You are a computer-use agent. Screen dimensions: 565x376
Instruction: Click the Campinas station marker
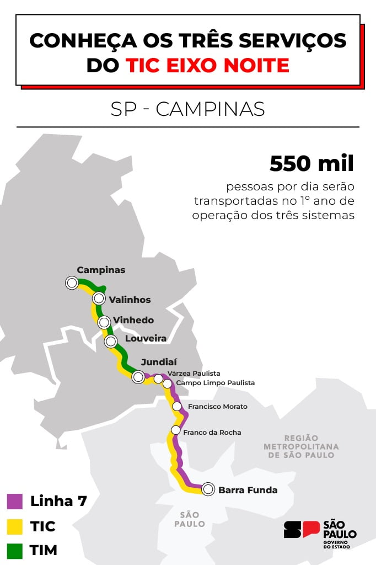pos(72,283)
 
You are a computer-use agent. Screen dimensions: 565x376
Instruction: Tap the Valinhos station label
pos(130,300)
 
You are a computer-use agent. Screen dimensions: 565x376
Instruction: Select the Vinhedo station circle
pos(104,322)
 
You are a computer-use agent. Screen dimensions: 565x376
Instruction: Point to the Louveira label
pos(146,338)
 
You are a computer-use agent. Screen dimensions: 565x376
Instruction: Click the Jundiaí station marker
pos(138,377)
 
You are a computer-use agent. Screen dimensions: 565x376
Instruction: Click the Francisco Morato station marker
pos(177,407)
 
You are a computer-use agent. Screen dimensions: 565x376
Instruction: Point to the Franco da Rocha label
pos(212,432)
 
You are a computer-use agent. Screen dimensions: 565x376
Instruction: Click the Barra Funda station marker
pos(208,489)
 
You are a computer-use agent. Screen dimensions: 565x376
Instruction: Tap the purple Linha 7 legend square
pos(14,501)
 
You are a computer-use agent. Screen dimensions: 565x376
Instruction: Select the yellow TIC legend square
pos(14,526)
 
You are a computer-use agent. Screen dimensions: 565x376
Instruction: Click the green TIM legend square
pos(14,550)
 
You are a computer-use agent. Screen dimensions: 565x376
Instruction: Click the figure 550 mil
pos(311,164)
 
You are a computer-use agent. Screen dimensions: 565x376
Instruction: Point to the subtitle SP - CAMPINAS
pos(187,109)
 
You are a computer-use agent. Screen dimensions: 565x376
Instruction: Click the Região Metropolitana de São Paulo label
pos(301,446)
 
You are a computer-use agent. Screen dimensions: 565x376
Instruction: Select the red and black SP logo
pos(302,530)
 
